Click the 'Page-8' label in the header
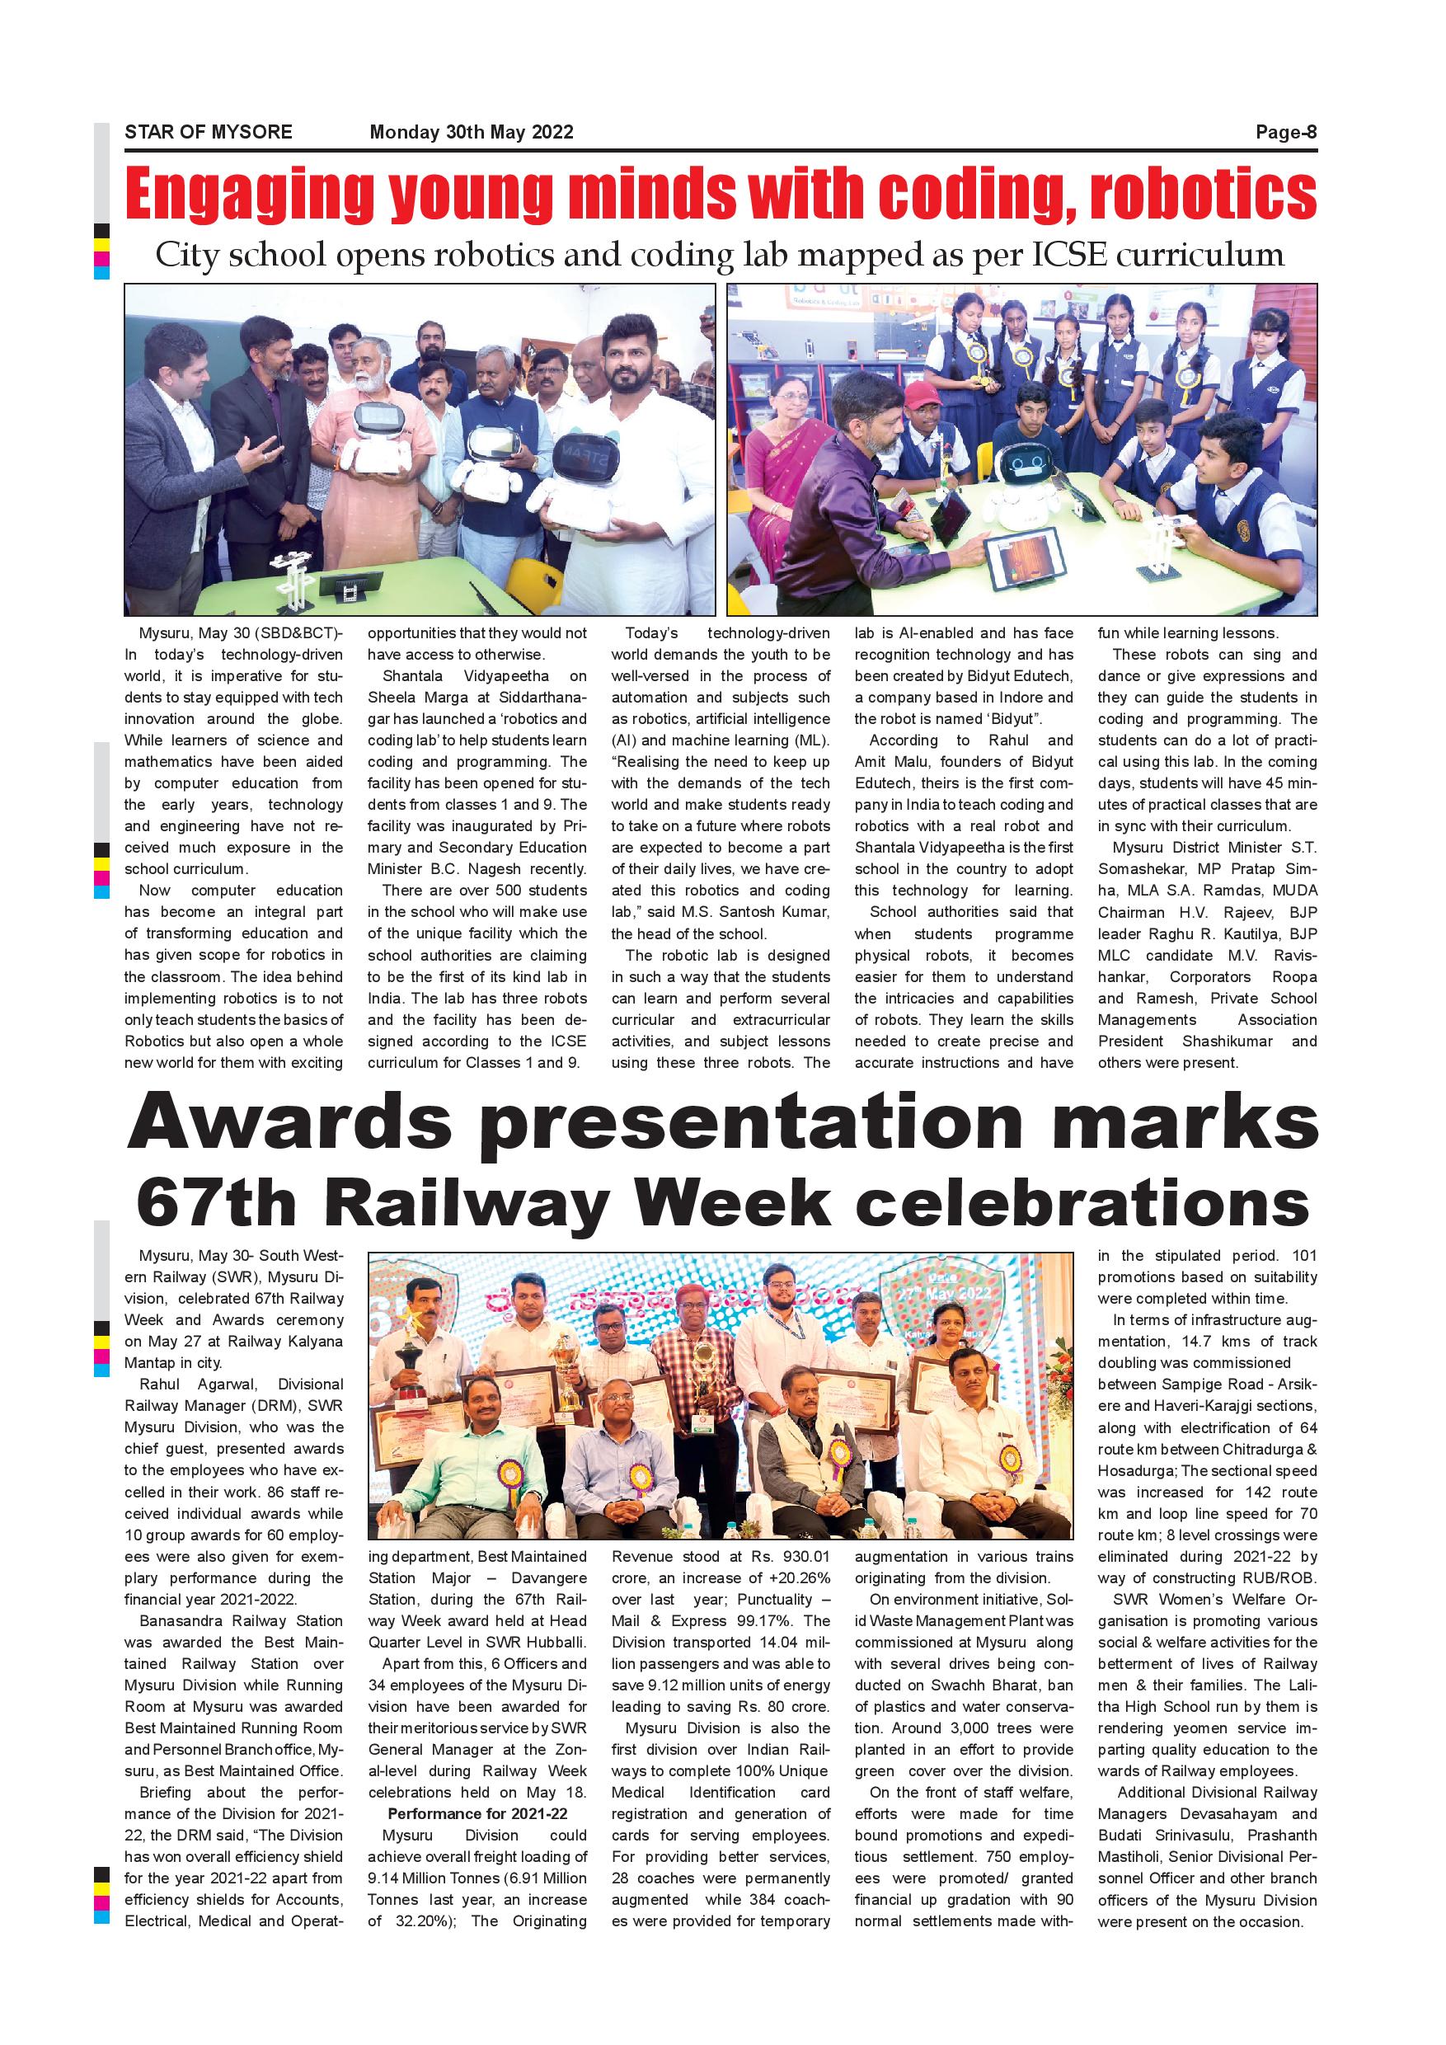[x=1285, y=133]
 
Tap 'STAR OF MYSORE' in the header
[x=209, y=133]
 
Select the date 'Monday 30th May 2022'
[x=471, y=133]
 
